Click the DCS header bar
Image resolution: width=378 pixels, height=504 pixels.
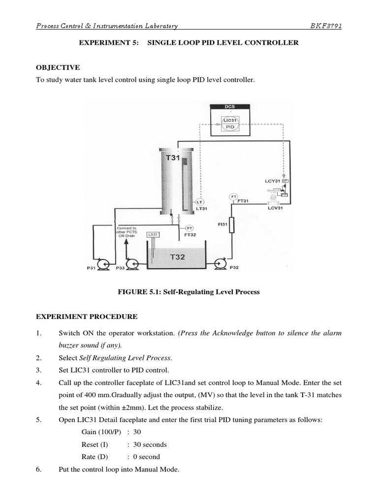click(x=230, y=106)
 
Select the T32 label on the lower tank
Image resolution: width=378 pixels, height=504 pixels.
click(x=177, y=256)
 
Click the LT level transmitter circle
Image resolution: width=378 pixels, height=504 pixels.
click(x=199, y=202)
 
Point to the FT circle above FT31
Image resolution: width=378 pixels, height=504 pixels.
click(x=233, y=197)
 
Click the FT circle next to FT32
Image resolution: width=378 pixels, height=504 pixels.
click(x=189, y=228)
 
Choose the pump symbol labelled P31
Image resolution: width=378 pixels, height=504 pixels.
click(x=103, y=265)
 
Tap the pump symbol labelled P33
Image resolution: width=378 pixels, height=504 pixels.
click(x=132, y=265)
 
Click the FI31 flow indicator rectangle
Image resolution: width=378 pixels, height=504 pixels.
click(x=232, y=226)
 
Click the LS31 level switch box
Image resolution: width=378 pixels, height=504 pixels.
click(x=153, y=235)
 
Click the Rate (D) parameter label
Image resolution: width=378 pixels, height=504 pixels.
click(x=95, y=457)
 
